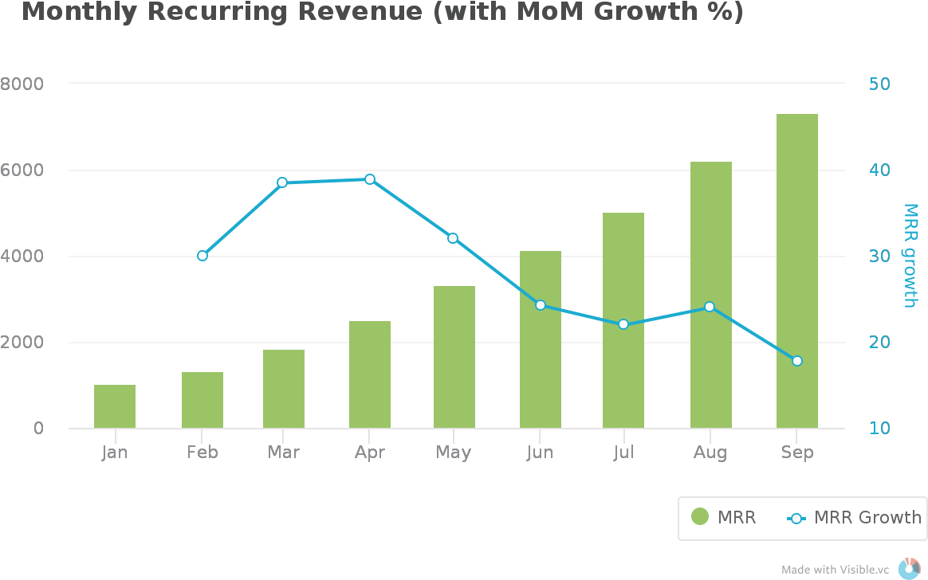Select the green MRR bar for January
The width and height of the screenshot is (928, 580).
[x=115, y=406]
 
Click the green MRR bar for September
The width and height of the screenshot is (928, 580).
[x=797, y=271]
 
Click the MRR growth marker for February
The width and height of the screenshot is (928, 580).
[x=203, y=256]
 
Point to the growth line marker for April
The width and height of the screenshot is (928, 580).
[x=370, y=179]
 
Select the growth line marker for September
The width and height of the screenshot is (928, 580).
[x=797, y=361]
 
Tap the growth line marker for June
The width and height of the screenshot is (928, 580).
[x=541, y=305]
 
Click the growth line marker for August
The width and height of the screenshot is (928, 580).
[x=710, y=307]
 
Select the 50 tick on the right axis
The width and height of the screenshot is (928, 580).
[x=879, y=84]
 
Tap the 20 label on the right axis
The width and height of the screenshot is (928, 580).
[x=879, y=343]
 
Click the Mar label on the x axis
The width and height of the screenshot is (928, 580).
[x=284, y=453]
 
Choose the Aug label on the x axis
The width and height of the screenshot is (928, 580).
[x=710, y=453]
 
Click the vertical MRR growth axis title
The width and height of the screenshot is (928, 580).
[x=910, y=255]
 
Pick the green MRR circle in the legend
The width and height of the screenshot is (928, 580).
[x=700, y=517]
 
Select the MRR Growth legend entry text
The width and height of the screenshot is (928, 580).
[x=867, y=517]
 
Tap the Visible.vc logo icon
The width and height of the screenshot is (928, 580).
[x=909, y=568]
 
